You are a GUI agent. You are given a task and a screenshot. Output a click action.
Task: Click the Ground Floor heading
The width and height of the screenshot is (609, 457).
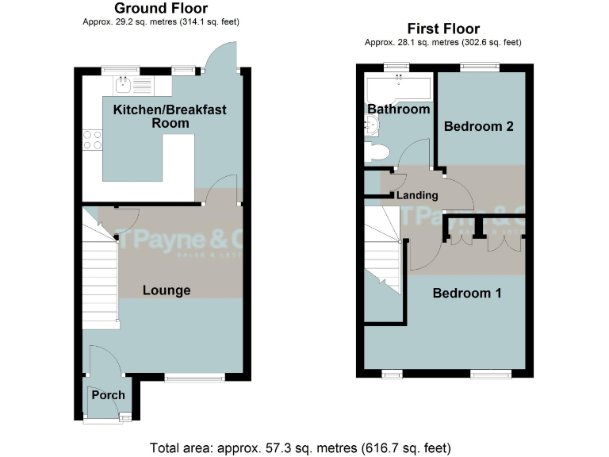coord(161,9)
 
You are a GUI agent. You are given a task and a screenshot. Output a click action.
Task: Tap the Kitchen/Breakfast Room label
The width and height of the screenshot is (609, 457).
coord(170,116)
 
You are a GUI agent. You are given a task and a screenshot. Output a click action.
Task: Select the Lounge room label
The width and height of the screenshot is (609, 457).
coord(167,290)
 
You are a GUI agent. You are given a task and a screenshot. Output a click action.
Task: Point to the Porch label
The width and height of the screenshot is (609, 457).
coord(108,395)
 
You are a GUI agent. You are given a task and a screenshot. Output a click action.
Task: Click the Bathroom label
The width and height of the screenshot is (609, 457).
coord(398,109)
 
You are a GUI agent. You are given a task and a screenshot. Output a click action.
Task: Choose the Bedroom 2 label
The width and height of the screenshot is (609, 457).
coord(479,126)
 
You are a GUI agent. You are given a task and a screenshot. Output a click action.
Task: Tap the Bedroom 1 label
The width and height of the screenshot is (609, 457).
coord(467,293)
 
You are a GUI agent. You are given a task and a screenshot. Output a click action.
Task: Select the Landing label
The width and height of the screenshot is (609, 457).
coord(416,195)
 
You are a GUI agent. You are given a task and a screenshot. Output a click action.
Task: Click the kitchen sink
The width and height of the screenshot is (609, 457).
coord(125,85)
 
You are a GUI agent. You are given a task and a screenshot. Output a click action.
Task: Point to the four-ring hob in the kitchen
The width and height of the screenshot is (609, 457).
coord(92,140)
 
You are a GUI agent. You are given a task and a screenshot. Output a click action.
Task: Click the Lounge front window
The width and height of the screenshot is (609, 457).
coord(194,378)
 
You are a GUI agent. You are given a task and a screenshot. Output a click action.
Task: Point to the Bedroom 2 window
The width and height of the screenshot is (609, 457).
coord(476,69)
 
